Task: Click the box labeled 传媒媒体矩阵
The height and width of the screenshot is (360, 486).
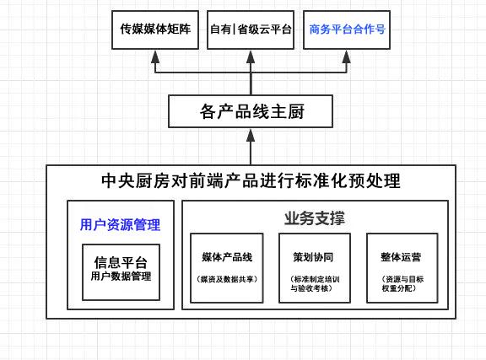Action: pos(156,29)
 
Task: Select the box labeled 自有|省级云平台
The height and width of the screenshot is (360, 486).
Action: pos(251,29)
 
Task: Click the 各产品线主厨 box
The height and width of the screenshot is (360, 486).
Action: pos(251,110)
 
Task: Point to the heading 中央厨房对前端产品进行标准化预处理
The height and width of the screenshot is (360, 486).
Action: pos(251,181)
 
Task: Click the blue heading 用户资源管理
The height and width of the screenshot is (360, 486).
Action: pos(120,225)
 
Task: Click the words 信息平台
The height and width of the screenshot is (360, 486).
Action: pos(121,261)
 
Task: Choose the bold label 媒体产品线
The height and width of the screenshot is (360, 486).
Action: pos(228,256)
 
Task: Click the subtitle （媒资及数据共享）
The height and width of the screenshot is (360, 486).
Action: pos(228,278)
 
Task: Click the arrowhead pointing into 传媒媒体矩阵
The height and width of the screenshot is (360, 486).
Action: pos(156,56)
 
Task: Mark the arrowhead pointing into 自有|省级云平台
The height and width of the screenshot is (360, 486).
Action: pos(251,56)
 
